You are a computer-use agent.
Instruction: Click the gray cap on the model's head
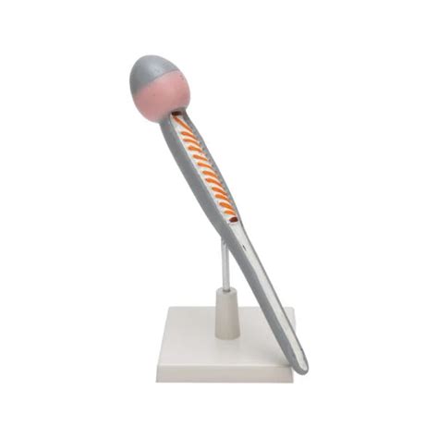(153, 72)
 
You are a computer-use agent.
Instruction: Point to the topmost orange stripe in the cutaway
(181, 124)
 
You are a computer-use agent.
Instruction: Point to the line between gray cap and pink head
(160, 83)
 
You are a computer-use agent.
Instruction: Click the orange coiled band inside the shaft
(205, 171)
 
